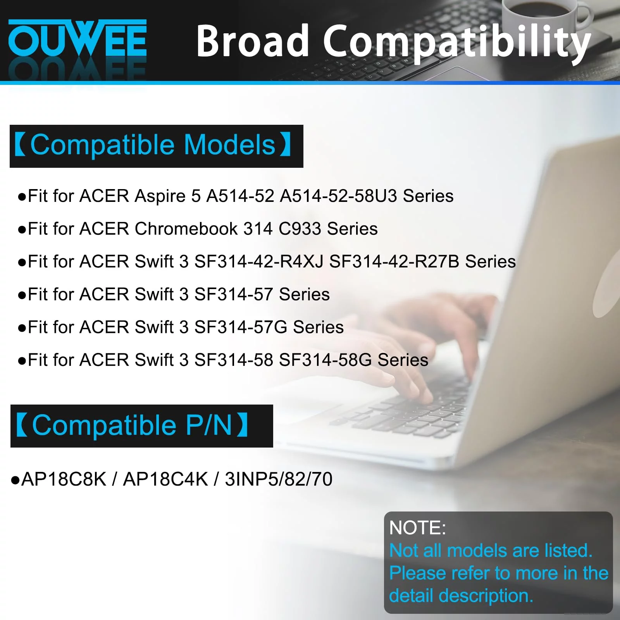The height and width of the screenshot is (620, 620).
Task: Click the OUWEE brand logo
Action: [77, 38]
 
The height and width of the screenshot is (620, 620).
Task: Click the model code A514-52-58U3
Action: [338, 196]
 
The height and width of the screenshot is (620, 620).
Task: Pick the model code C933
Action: [300, 229]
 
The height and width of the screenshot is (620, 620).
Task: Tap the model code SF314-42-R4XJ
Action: [259, 262]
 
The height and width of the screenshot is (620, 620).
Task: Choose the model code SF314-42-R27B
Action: [394, 262]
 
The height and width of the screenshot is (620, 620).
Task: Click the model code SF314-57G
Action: [241, 327]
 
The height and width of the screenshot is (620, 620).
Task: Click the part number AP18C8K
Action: [64, 479]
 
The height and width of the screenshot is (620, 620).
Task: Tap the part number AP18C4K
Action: [165, 479]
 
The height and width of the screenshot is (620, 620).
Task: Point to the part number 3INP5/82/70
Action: [279, 479]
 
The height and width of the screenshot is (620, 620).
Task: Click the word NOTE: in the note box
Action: [417, 528]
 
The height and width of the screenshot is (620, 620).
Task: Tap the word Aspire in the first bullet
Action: [160, 196]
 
